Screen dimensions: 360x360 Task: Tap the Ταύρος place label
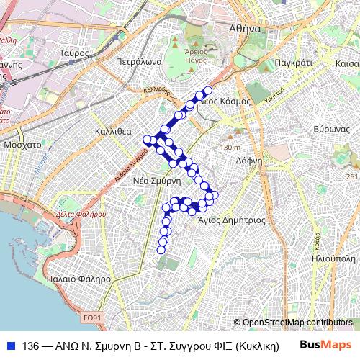(x=73, y=53)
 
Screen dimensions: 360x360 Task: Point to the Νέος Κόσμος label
(x=225, y=102)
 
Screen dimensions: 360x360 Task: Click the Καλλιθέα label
(x=113, y=132)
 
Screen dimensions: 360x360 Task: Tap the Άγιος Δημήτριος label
(x=232, y=220)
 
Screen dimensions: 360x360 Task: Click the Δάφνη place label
(x=249, y=161)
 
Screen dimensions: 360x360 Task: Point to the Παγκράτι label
(x=294, y=63)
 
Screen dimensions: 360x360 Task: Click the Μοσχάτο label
(x=22, y=144)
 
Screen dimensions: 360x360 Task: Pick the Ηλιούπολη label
(x=336, y=257)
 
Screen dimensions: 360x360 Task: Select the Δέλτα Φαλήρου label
(x=81, y=214)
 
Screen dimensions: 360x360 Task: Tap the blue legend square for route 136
(x=10, y=345)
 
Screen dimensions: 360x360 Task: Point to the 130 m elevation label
(x=230, y=148)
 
